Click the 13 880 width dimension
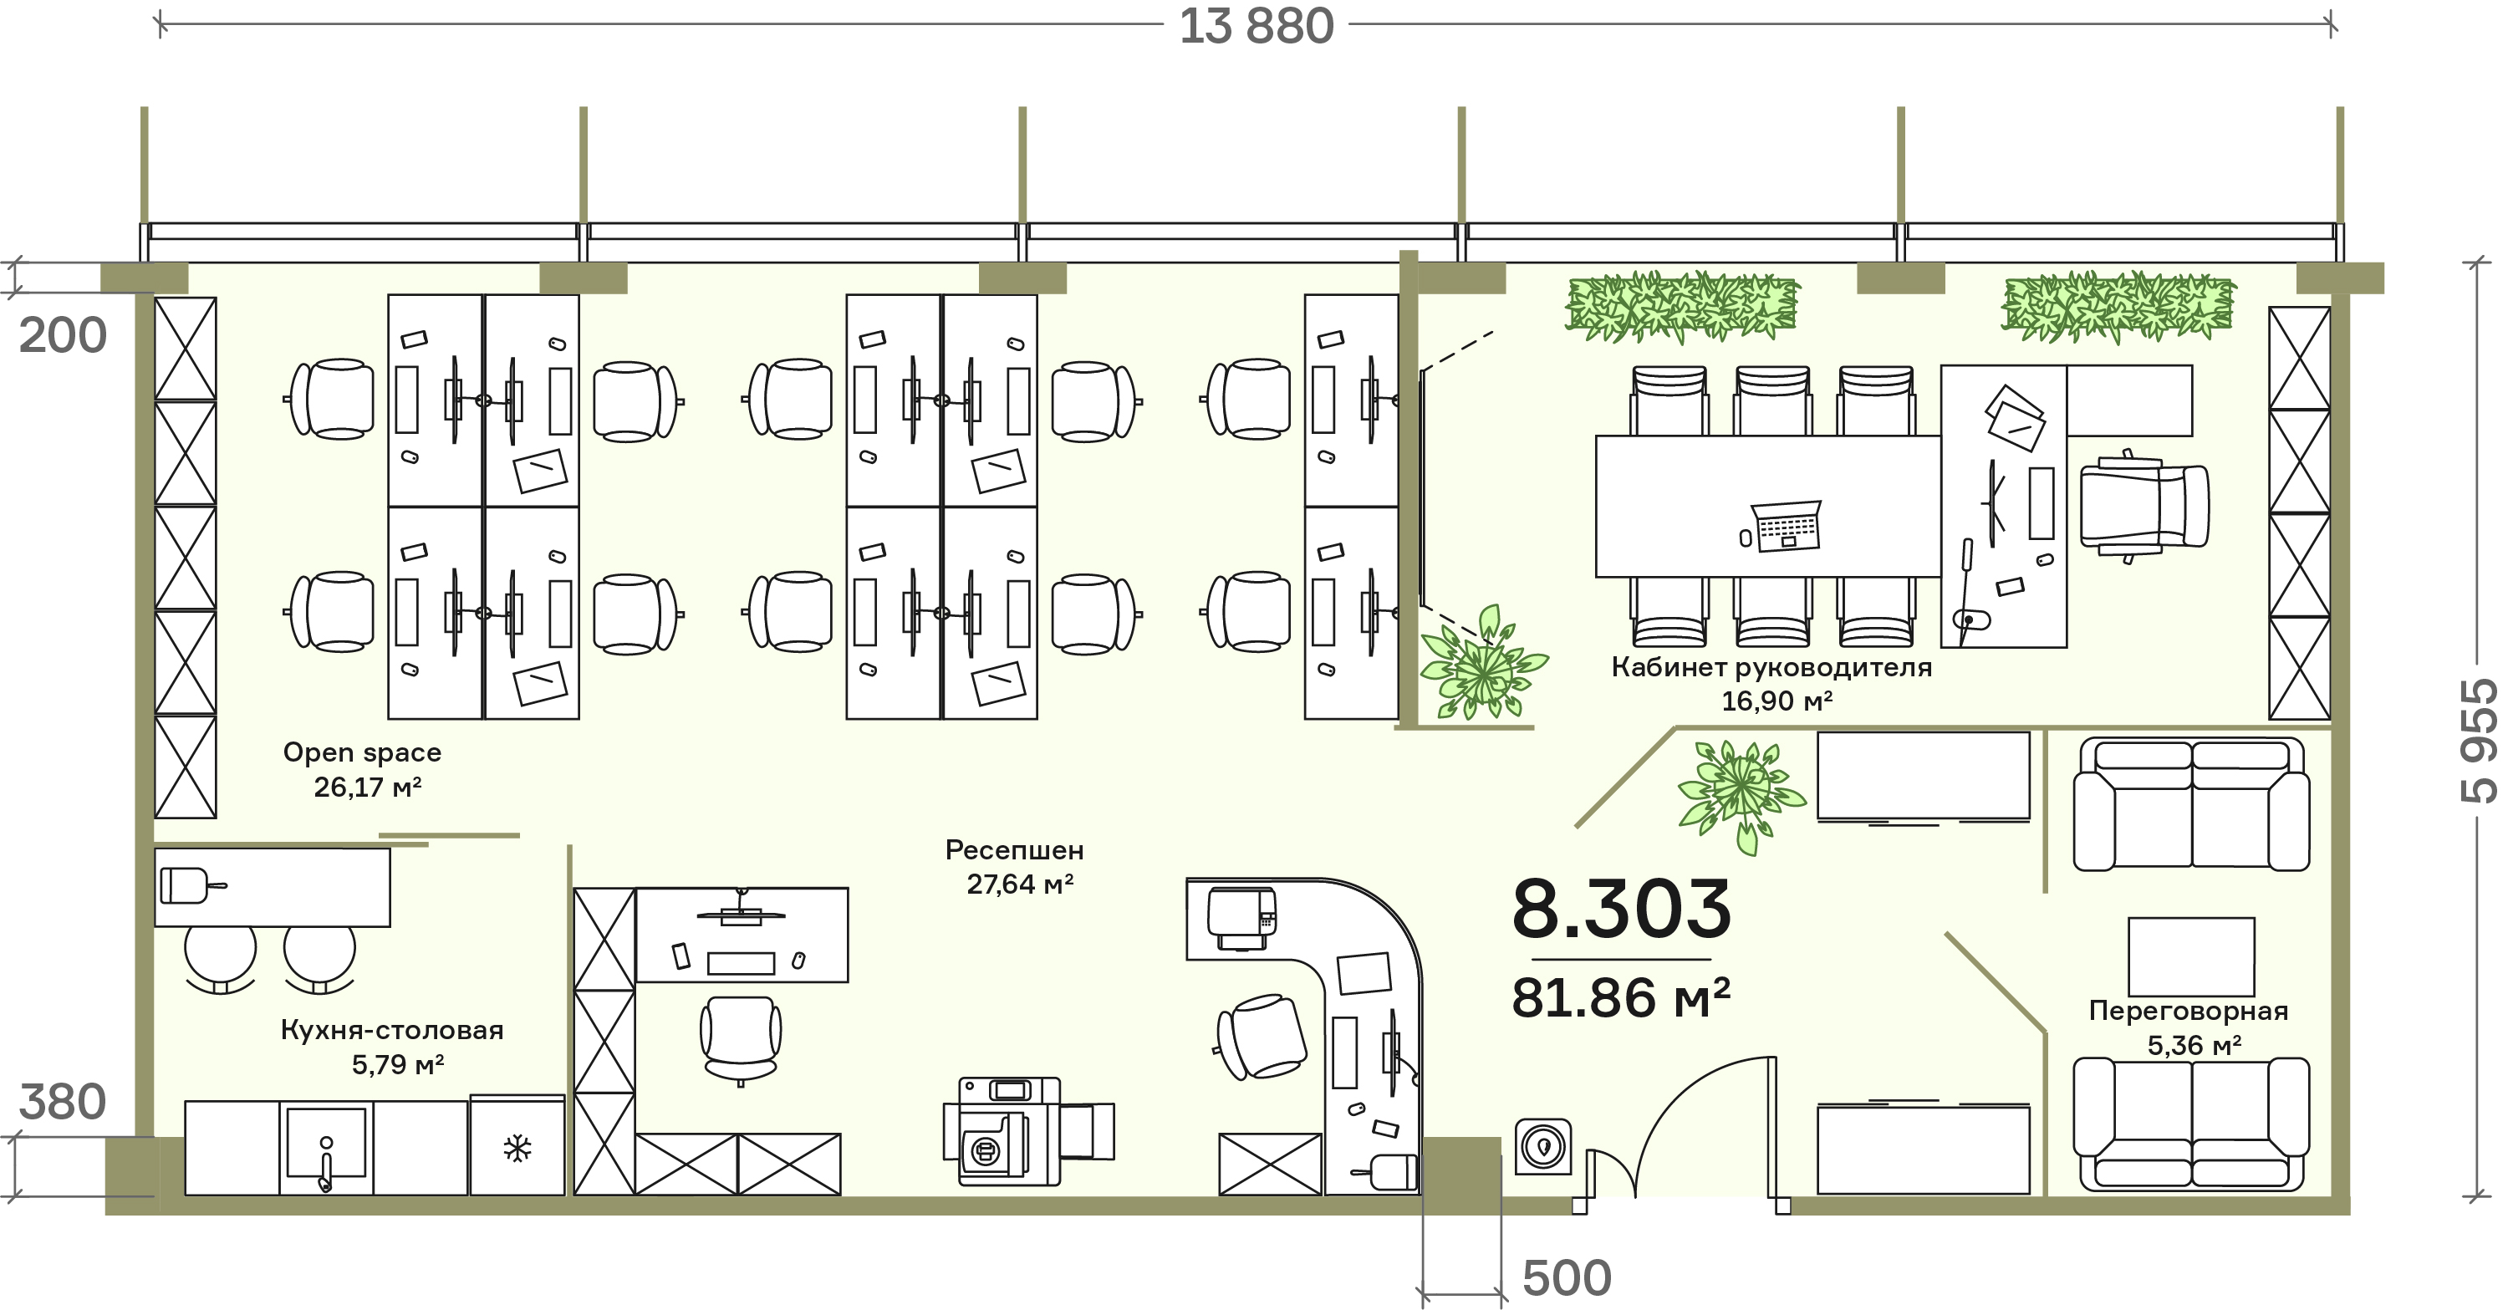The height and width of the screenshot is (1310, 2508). (x=1256, y=26)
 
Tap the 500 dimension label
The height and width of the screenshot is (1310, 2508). (x=1567, y=1278)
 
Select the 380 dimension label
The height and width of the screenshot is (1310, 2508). (x=63, y=1102)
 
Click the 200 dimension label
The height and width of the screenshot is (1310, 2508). (x=63, y=336)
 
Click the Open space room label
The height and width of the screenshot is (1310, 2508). (x=362, y=752)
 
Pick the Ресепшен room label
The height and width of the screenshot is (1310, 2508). (x=1015, y=849)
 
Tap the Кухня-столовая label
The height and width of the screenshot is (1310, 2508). (x=392, y=1030)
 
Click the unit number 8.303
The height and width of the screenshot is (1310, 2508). (x=1622, y=908)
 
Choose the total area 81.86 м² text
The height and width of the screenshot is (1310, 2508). (x=1622, y=997)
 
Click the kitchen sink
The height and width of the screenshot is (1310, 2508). (x=326, y=1148)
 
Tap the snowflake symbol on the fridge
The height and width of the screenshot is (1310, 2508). (x=517, y=1149)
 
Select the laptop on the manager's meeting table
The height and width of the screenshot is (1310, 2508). (x=1786, y=526)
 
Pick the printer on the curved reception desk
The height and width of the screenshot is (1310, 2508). (x=1241, y=918)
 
